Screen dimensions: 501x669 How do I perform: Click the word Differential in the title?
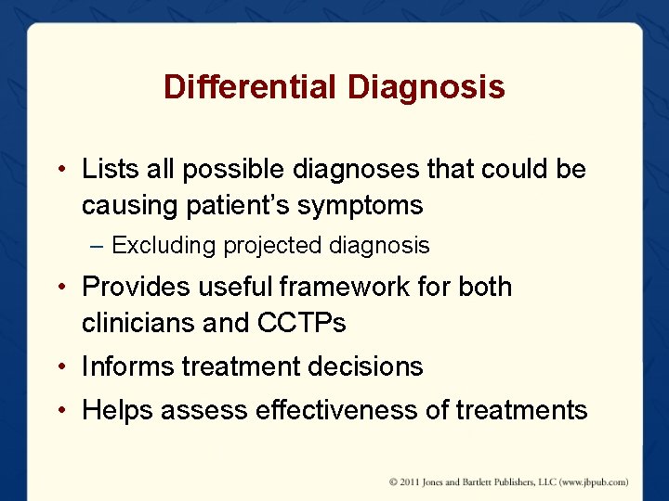(251, 87)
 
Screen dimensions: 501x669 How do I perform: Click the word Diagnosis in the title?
(426, 87)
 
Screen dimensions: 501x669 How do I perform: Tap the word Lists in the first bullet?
(105, 170)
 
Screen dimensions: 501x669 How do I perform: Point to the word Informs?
(127, 366)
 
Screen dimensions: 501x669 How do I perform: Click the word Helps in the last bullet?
(117, 410)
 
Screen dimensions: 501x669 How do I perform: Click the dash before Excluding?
(98, 246)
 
